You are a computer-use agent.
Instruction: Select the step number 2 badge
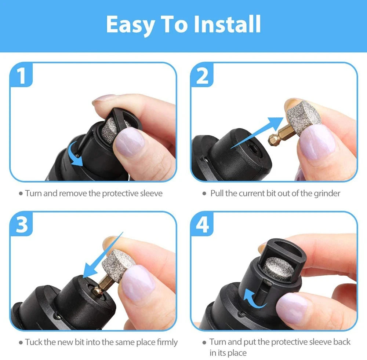click(202, 76)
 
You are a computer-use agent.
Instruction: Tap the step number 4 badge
click(202, 225)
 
